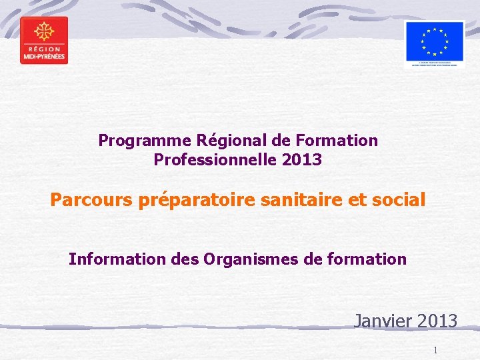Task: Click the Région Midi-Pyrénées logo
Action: (44, 40)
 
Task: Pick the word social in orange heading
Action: (397, 199)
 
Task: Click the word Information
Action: (111, 259)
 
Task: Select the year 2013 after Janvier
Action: (436, 321)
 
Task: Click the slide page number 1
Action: (435, 350)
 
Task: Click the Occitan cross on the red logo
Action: (44, 31)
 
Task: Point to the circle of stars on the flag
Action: (434, 39)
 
